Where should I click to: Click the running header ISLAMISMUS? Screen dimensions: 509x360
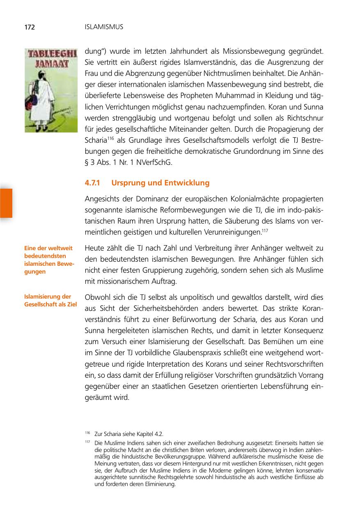click(103, 27)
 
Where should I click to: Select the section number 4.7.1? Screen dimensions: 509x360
click(92, 183)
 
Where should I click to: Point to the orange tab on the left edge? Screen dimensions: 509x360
click(6, 203)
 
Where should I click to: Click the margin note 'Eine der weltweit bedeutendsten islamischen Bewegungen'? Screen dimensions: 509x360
click(49, 260)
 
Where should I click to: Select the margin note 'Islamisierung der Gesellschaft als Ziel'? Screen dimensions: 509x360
click(50, 300)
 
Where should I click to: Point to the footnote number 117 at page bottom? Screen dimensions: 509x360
click(87, 442)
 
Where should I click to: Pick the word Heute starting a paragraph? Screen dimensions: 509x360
click(94, 248)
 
